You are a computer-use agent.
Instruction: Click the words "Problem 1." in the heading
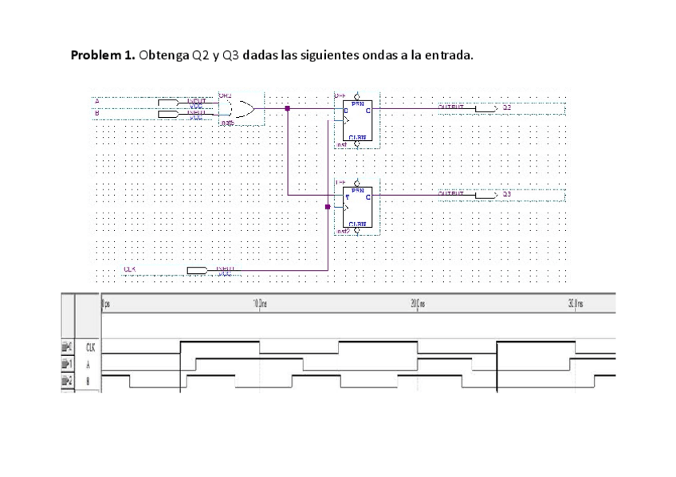[103, 56]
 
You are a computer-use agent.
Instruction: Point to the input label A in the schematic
[97, 101]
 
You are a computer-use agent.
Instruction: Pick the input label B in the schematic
[97, 113]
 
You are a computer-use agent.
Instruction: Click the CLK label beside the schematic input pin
[129, 269]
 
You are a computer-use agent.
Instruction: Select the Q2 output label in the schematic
[506, 105]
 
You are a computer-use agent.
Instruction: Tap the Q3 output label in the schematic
[506, 194]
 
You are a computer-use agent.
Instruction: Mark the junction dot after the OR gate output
[287, 107]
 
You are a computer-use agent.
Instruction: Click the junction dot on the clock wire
[327, 207]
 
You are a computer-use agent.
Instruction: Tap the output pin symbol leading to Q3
[485, 194]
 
